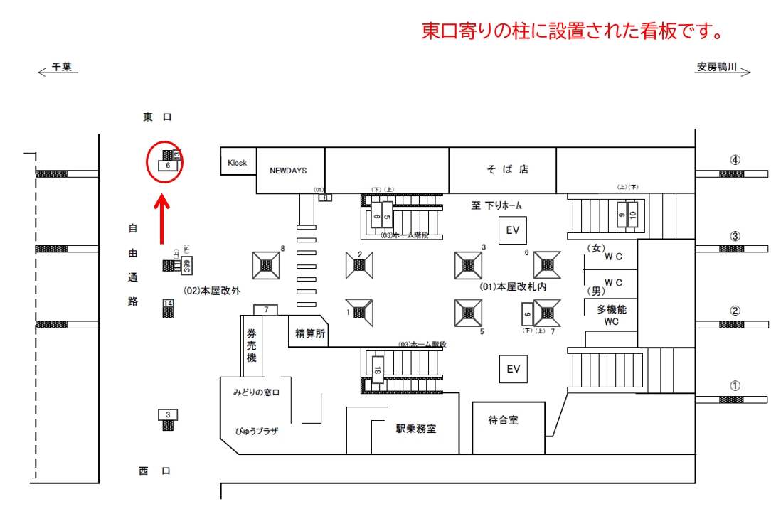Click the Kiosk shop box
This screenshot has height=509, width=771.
point(237,163)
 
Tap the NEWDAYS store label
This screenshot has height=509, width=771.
point(287,171)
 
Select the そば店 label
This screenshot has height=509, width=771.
point(508,169)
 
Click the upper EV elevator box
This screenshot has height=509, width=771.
point(514,230)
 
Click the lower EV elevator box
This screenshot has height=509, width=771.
point(514,369)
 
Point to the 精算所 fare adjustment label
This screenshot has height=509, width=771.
point(308,331)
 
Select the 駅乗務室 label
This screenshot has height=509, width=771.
point(416,429)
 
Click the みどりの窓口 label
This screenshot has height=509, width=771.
point(256,392)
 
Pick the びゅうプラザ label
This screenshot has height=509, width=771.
point(256,432)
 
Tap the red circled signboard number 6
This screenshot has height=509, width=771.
point(167,165)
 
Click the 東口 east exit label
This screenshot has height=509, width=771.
point(157,117)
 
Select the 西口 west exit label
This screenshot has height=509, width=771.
point(155,471)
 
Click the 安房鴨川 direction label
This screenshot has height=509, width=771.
point(718,68)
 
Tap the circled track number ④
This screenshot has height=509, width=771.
point(735,160)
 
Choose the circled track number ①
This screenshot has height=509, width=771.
point(735,386)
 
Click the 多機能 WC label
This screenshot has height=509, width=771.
point(611,316)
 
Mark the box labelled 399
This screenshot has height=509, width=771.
point(186,266)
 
